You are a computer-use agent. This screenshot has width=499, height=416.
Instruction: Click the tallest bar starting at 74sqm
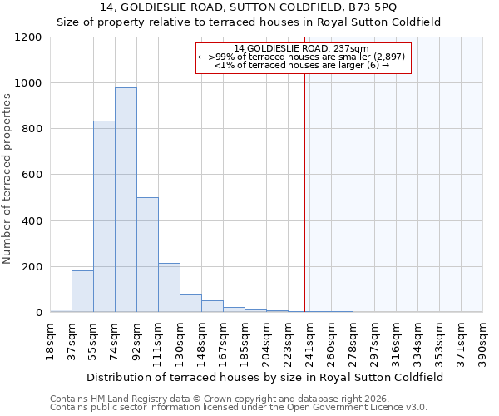click(126, 200)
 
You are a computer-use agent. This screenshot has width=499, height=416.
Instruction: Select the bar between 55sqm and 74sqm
click(104, 216)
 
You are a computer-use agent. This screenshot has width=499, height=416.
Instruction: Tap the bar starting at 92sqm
click(147, 255)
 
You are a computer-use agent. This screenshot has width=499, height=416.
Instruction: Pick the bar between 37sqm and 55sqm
click(82, 291)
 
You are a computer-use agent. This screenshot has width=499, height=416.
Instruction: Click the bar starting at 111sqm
click(169, 288)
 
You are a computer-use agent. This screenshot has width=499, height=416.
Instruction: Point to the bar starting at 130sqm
click(190, 303)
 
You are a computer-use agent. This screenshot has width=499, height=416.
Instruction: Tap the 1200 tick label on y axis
click(28, 37)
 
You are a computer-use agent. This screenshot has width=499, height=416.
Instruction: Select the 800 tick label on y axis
click(32, 129)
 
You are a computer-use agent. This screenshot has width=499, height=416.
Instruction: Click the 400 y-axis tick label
click(32, 221)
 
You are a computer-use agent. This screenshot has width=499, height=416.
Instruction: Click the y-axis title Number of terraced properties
click(7, 179)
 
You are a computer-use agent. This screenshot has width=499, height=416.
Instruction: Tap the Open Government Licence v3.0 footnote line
click(239, 407)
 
